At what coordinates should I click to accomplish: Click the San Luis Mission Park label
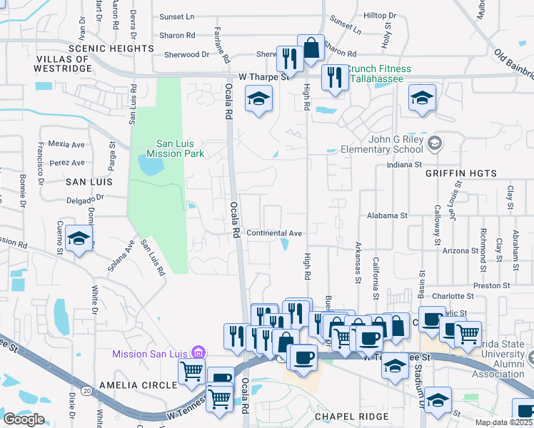tap(176, 148)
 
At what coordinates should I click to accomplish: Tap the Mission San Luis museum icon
tap(199, 353)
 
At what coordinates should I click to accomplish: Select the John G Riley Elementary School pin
tap(434, 145)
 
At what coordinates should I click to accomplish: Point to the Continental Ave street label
tap(274, 233)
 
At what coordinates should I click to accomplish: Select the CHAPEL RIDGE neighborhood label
tap(352, 416)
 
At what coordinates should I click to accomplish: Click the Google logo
tap(24, 419)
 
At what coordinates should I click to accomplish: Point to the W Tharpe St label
tap(266, 76)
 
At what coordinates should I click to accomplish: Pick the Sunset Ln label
tap(176, 16)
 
